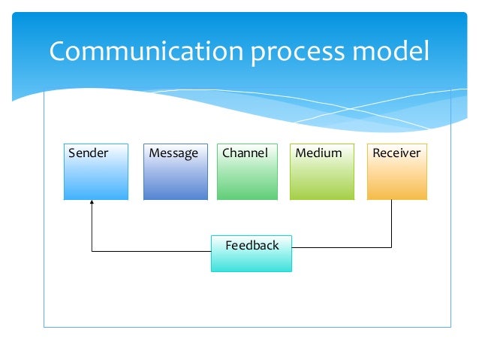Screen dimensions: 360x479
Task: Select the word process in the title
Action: click(296, 53)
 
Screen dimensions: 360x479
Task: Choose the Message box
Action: click(175, 177)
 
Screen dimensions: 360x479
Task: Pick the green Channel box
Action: click(247, 177)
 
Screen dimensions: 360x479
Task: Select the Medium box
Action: click(322, 177)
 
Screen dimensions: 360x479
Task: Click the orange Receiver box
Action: click(396, 177)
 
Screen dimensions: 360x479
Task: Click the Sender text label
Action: click(89, 153)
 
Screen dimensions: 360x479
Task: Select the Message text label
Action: click(173, 153)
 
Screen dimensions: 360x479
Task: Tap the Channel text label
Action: click(245, 153)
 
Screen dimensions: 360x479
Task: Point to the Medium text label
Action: click(318, 153)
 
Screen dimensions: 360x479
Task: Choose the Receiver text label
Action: click(396, 153)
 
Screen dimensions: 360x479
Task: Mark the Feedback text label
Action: click(252, 245)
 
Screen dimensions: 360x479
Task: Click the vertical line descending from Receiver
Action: click(391, 224)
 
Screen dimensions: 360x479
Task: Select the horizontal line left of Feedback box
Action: click(150, 251)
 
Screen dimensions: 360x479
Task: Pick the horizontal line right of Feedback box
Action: click(342, 247)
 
